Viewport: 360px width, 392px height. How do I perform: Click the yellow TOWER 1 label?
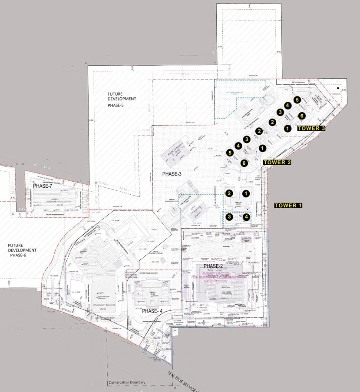289,205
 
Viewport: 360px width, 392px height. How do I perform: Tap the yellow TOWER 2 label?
276,162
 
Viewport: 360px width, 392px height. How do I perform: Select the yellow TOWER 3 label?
311,128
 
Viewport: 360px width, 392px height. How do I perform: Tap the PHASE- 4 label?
155,311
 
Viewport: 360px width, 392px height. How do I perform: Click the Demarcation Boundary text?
126,382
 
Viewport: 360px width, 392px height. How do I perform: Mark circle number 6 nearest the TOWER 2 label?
244,163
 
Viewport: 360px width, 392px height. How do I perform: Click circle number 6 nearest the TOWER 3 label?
301,116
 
